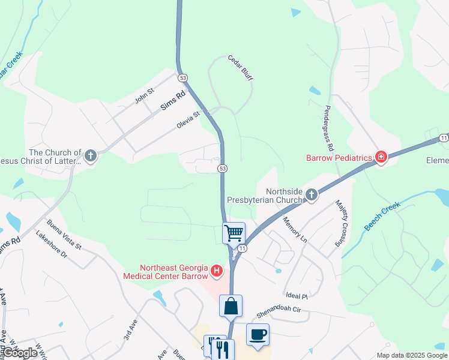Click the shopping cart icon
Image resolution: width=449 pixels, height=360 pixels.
[234, 232]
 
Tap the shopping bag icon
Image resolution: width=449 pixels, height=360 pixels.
[231, 305]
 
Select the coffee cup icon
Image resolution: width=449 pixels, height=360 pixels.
[258, 334]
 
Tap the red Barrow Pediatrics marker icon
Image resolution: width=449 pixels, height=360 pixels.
[381, 157]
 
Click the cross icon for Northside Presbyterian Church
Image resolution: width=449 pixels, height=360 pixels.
[311, 194]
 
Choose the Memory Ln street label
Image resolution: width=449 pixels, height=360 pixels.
[295, 229]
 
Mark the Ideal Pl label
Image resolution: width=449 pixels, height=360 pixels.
[297, 296]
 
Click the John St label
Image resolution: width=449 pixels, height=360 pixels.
[145, 95]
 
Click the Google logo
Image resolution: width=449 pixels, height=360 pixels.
[20, 353]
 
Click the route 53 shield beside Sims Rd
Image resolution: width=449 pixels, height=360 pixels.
[182, 77]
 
